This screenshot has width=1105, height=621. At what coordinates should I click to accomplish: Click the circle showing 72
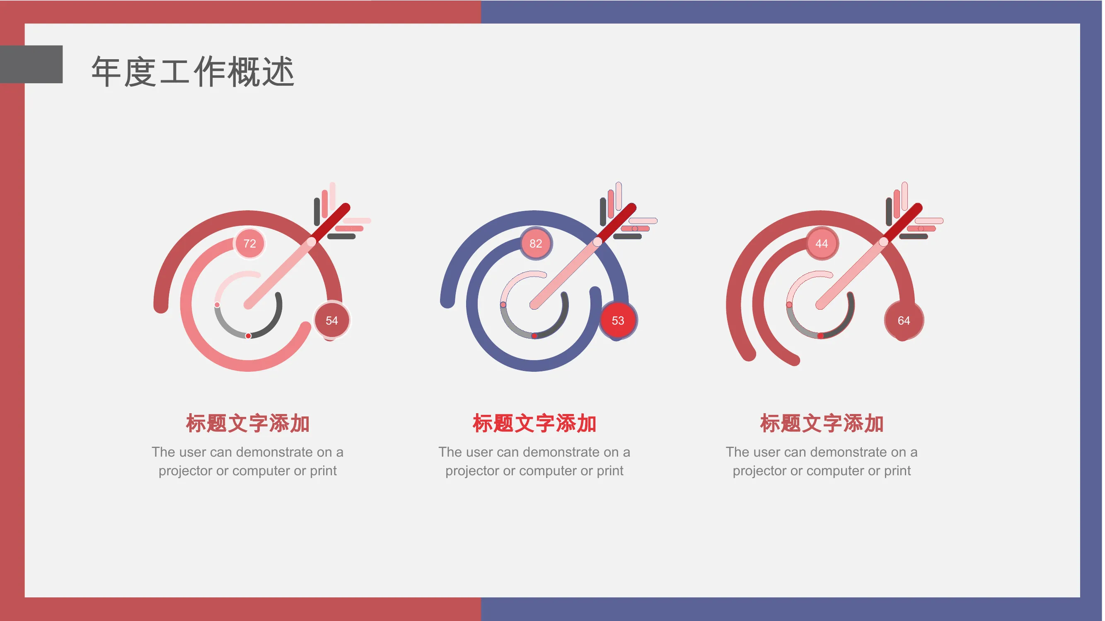249,243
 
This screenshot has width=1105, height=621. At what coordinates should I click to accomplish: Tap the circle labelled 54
331,320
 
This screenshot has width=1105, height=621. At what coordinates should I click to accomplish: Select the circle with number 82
535,243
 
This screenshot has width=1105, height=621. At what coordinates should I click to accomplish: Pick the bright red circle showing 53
618,320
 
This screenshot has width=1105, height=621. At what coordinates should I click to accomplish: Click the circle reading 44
822,243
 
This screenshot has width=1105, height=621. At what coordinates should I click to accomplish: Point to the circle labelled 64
904,320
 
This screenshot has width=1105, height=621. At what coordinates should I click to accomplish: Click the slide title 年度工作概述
193,72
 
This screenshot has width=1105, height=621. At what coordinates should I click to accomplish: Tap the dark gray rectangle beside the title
31,64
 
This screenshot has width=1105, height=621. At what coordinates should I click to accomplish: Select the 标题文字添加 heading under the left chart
247,424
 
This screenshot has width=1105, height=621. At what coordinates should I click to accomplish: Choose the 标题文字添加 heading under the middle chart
534,424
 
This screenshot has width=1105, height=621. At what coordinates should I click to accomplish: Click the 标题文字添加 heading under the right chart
822,424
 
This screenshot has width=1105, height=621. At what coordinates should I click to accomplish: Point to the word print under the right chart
897,471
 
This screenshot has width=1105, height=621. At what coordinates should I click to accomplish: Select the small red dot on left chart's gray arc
248,336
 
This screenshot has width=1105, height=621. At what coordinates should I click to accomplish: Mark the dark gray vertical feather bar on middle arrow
603,212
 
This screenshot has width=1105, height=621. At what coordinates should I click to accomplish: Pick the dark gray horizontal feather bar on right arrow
913,236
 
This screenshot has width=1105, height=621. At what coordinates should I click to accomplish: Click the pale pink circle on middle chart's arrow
597,242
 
